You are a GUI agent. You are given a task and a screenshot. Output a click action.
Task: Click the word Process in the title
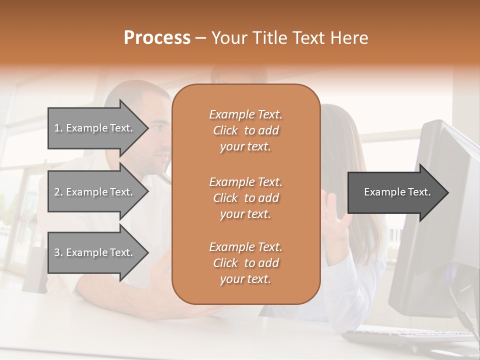point(157,38)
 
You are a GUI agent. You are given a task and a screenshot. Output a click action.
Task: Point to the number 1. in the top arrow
point(58,128)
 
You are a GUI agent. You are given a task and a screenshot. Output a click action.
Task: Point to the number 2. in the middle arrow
point(58,192)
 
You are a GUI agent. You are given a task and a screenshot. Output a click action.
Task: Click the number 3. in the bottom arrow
point(58,252)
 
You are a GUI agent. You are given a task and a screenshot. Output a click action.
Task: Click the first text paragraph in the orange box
point(245,130)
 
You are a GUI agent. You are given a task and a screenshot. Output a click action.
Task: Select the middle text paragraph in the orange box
point(245,198)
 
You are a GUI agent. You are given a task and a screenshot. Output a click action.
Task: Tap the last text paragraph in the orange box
point(245,263)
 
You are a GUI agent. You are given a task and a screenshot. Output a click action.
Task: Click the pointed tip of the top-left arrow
point(148,128)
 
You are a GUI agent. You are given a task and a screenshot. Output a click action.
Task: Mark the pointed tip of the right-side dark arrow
point(448,192)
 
